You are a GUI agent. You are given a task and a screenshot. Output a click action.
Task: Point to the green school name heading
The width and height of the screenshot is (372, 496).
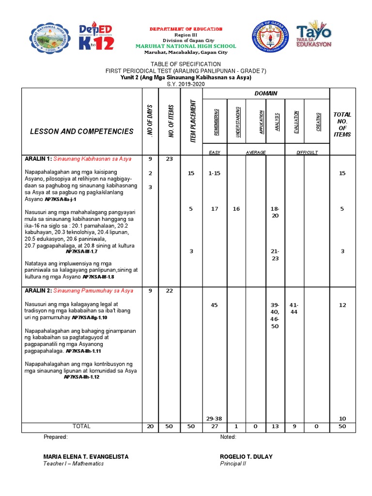pos(186,46)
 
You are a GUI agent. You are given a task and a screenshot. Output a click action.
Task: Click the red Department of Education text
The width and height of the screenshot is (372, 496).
pos(186,29)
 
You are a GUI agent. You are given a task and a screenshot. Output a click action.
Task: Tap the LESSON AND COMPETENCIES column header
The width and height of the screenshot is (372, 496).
pos(81,131)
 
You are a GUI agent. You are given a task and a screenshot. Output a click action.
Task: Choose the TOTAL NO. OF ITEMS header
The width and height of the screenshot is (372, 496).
pos(342,124)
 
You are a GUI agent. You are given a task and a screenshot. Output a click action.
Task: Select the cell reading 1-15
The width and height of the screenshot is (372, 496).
pos(214,173)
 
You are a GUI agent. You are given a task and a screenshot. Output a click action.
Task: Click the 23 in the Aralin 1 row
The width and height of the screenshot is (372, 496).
pos(170,159)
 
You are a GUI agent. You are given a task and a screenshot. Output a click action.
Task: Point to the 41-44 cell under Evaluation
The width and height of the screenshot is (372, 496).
pos(294,309)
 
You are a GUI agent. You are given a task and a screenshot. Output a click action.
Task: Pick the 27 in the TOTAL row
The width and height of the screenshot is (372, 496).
pos(214,426)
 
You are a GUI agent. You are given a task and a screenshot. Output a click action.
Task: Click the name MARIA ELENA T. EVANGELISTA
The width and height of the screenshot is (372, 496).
pos(86,457)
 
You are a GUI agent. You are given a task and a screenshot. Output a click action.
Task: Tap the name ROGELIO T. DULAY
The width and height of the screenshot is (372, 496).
pos(246,457)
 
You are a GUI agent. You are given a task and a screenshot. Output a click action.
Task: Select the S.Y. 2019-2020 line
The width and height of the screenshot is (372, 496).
pos(186,84)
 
